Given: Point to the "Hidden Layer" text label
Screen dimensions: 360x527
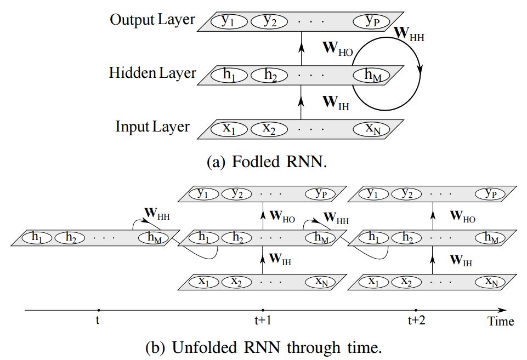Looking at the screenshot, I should click(x=152, y=73).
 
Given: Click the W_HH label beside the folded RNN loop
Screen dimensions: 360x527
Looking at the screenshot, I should click(x=409, y=34).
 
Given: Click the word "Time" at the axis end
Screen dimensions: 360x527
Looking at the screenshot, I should click(x=501, y=322).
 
